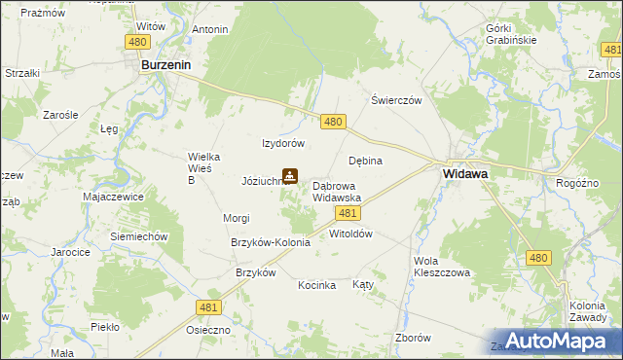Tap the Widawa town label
(465, 173)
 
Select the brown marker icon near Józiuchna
(289, 176)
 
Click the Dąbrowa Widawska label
(337, 191)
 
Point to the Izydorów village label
(284, 143)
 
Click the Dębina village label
(365, 161)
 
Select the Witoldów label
(351, 234)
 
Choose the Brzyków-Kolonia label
(270, 242)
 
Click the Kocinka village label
(317, 285)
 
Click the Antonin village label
(210, 29)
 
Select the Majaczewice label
(114, 196)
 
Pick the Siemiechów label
(140, 236)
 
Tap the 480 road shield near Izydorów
(333, 121)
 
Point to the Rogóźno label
(576, 182)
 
